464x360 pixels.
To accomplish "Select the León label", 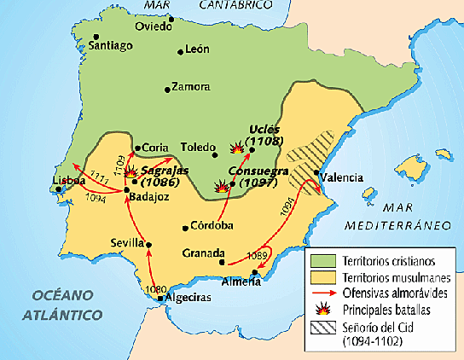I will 198,50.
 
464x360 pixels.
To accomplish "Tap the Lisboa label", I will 69,181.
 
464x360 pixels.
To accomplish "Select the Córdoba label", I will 212,226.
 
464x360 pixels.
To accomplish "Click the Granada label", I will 203,253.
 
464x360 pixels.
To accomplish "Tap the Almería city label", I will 241,283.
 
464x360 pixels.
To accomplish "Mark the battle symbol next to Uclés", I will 236,148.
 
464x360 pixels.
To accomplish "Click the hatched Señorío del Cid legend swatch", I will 322,326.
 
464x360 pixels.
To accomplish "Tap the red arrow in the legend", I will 322,293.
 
